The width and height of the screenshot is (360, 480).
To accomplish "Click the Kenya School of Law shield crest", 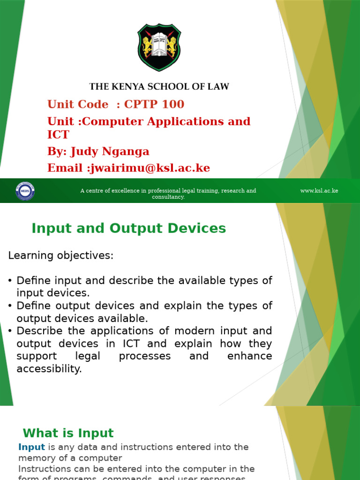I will coord(159,47).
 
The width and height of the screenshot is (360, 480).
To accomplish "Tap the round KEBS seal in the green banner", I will coord(25,191).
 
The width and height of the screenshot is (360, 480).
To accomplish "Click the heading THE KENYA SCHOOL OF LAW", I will coord(159,86).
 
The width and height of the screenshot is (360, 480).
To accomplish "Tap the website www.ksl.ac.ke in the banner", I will coord(319,191).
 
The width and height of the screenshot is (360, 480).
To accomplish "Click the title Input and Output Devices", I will coord(128,228).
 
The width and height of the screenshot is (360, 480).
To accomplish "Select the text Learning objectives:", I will coord(61,255).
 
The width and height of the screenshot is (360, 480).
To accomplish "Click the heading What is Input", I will coord(68,433).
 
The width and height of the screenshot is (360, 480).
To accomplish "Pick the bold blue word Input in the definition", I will coord(31,447).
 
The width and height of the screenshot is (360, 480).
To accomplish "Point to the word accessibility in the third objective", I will coord(49,369).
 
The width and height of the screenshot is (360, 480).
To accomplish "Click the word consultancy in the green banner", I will coord(168,197).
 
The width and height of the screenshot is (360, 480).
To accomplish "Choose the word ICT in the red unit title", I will coord(58,135).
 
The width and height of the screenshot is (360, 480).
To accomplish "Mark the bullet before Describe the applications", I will coord(10,331).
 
